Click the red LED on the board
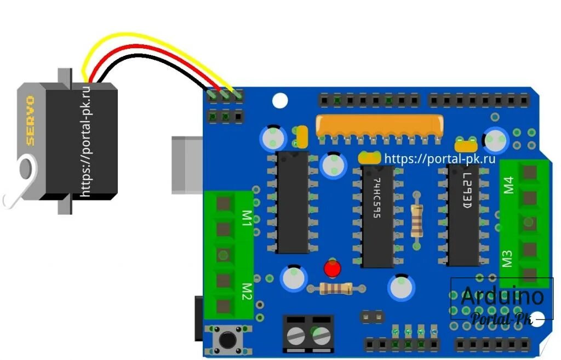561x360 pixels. click(332, 268)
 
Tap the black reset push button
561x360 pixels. click(226, 340)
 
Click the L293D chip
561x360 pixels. click(463, 214)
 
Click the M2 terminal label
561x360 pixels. click(247, 290)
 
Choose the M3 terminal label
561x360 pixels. click(507, 258)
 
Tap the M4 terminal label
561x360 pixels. click(508, 185)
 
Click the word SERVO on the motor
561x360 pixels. click(31, 120)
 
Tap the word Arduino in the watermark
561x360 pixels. click(502, 296)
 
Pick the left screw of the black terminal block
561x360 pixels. click(296, 334)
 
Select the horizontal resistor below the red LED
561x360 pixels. click(336, 288)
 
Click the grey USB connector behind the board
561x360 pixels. click(186, 164)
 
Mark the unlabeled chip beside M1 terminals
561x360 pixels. click(292, 203)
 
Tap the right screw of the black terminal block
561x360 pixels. click(322, 334)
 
